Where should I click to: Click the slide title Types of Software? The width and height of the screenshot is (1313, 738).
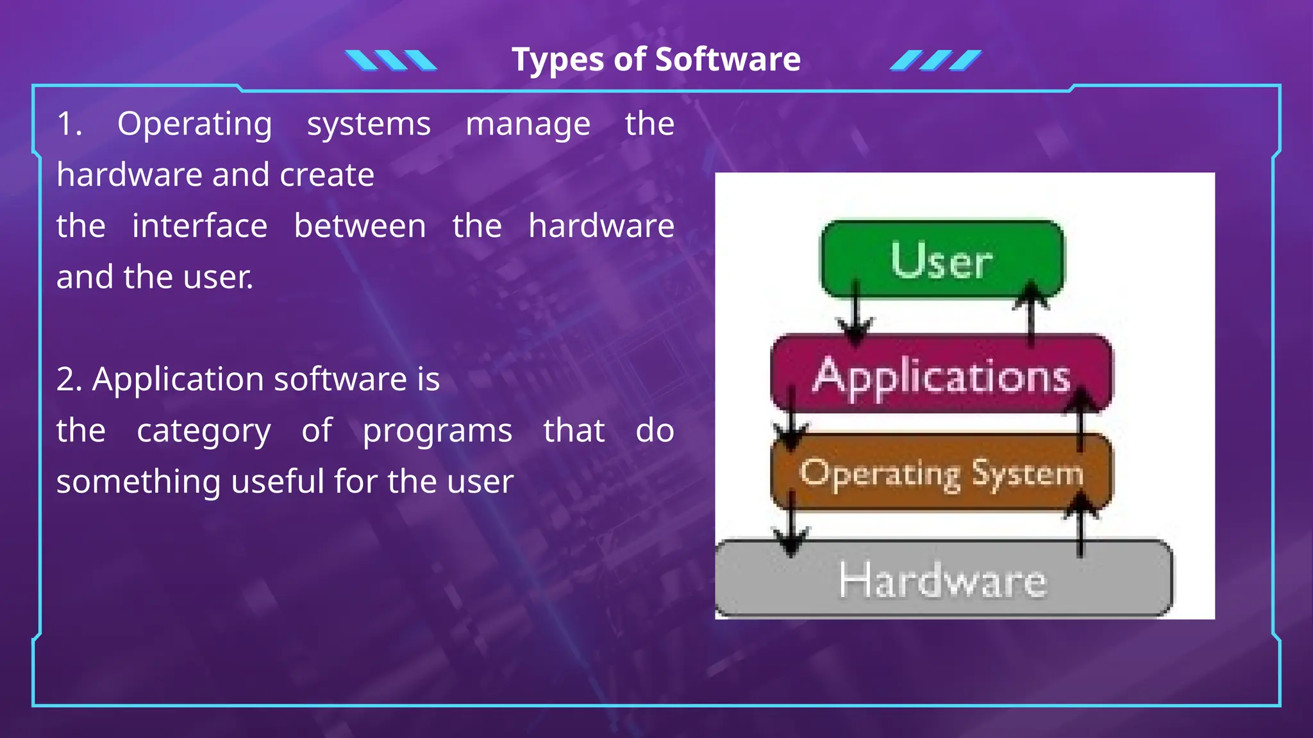click(656, 60)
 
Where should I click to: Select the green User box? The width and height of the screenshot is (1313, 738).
click(942, 259)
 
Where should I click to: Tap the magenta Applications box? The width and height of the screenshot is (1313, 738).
click(942, 375)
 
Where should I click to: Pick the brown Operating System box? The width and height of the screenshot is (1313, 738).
click(942, 473)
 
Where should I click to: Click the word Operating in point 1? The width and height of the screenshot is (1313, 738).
click(194, 124)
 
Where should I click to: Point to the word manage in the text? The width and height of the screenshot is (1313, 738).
click(528, 124)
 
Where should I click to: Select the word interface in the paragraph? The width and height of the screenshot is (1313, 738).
click(199, 226)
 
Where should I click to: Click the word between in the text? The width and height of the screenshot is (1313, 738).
click(360, 226)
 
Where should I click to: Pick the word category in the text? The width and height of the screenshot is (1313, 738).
click(203, 430)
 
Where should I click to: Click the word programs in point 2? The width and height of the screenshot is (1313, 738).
click(437, 430)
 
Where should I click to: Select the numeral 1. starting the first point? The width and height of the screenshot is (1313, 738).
click(69, 124)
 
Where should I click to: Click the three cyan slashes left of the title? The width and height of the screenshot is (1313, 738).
click(390, 60)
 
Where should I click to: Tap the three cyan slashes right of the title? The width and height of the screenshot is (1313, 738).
click(935, 60)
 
